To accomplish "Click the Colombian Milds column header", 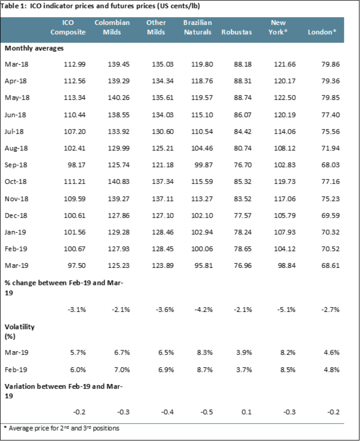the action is click(x=112, y=27).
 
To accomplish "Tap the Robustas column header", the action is click(x=237, y=32).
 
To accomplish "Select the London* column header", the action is click(x=322, y=32).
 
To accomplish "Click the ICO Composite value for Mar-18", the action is click(x=75, y=64).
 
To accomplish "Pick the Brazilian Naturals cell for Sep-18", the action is click(x=204, y=165).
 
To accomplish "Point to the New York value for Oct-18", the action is click(x=285, y=182).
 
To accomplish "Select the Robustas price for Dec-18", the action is click(x=243, y=216).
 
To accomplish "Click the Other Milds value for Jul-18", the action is click(x=163, y=132).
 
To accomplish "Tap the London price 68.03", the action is click(x=330, y=165).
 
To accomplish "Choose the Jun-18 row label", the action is click(x=15, y=115).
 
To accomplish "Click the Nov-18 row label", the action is click(x=17, y=199).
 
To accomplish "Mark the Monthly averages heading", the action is click(x=34, y=48).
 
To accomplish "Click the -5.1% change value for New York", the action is click(x=286, y=310).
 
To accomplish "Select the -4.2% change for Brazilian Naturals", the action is click(x=204, y=310).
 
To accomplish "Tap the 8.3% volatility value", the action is click(x=205, y=352).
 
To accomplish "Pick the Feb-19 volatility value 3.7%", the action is click(x=244, y=369).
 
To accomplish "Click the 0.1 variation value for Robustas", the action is click(x=247, y=412).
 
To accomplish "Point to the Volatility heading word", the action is click(x=20, y=327).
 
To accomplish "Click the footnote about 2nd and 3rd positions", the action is click(x=62, y=429).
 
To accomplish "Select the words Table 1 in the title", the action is click(x=13, y=6).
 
